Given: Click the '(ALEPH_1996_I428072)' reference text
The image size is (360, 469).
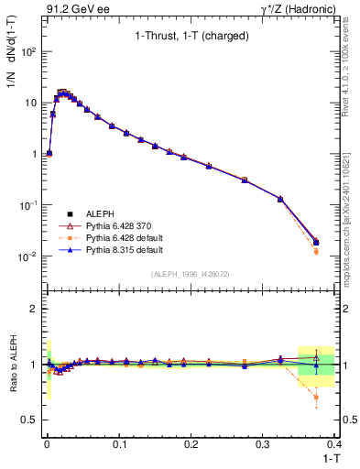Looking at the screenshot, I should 191,273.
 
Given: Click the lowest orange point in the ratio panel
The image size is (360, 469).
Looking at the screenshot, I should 316,398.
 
